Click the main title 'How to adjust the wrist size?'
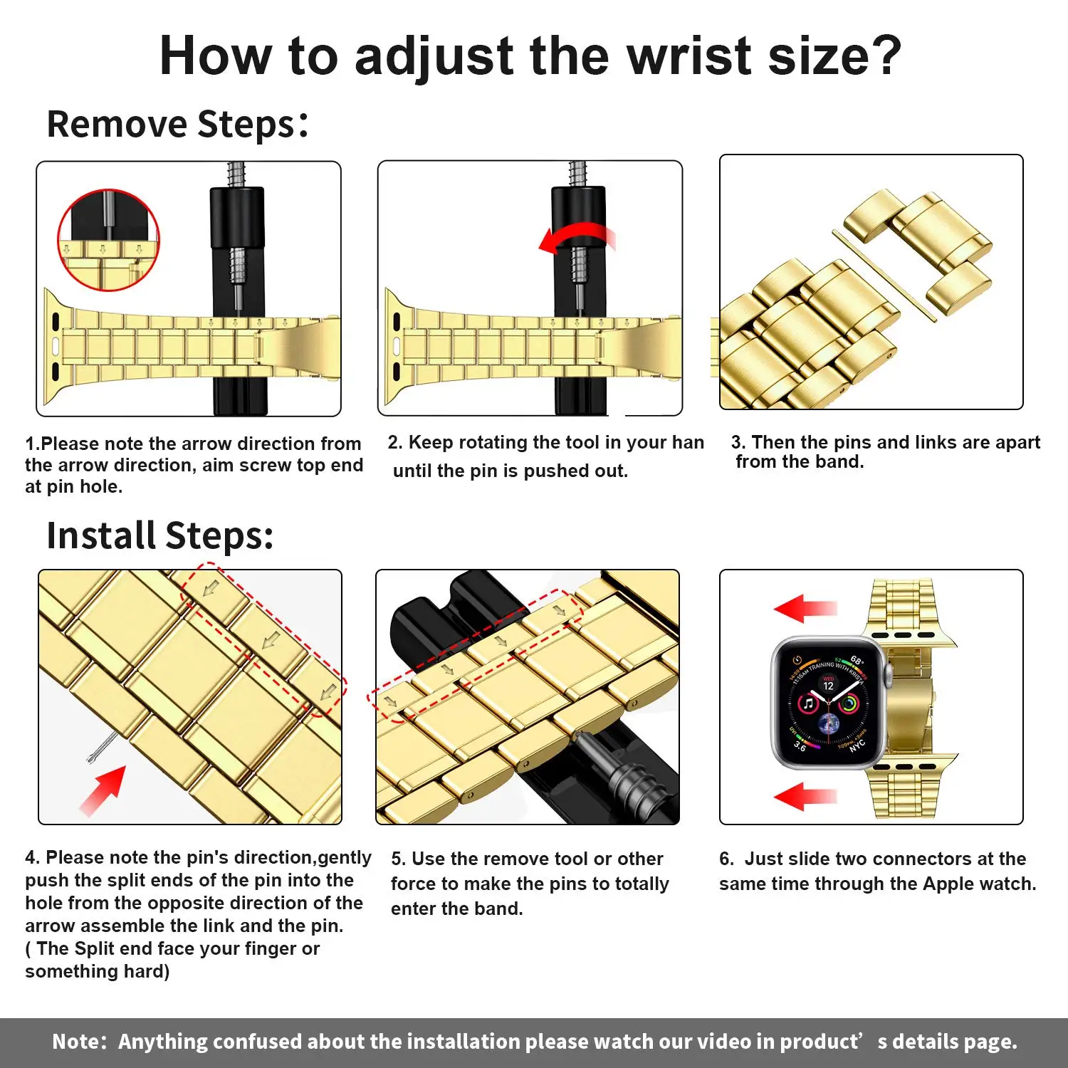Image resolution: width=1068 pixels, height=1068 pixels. click(x=530, y=56)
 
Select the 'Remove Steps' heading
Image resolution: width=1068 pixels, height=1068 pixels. click(x=177, y=124)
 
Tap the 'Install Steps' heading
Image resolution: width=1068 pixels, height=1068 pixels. click(x=160, y=535)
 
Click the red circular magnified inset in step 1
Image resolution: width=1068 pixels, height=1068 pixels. click(x=108, y=240)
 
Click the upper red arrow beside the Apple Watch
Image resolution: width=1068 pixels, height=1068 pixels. click(x=805, y=608)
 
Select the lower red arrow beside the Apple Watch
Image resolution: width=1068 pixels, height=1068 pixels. click(x=805, y=796)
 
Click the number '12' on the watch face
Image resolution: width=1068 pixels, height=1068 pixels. click(x=828, y=686)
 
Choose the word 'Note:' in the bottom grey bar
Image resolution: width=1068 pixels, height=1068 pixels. click(x=79, y=1042)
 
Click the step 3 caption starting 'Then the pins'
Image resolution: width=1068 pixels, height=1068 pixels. click(x=885, y=451)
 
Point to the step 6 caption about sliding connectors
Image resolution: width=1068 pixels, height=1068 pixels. click(x=877, y=871)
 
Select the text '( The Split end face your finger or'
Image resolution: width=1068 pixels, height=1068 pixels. click(x=172, y=948)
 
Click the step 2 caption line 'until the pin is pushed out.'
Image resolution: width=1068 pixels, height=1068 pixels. click(x=511, y=471)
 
